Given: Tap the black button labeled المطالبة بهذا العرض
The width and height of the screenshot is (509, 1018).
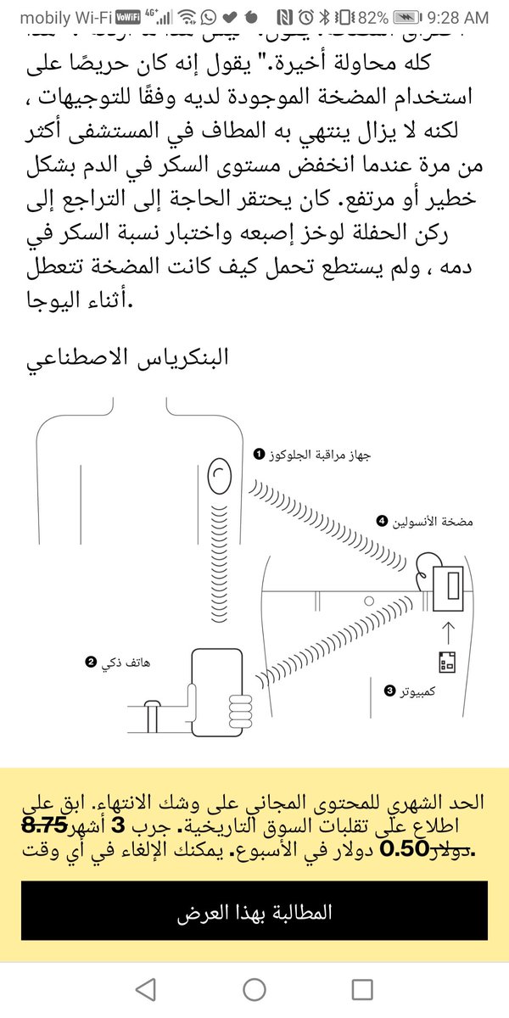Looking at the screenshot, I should click(255, 913).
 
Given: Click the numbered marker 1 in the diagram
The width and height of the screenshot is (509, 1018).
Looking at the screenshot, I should click(259, 456).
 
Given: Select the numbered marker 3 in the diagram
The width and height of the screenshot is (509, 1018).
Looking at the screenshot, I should click(390, 691).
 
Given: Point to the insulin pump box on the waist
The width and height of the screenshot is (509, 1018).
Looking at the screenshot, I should click(447, 586).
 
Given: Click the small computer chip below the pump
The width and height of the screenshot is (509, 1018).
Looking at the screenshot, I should click(447, 662).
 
